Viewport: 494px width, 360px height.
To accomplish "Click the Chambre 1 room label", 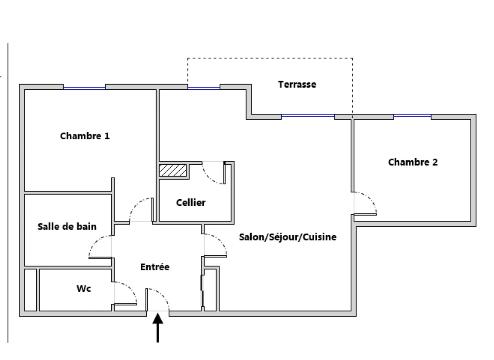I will pyautogui.click(x=85, y=136).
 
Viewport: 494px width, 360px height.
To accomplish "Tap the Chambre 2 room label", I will pyautogui.click(x=412, y=162).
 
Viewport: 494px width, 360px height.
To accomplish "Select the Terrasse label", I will pyautogui.click(x=297, y=85).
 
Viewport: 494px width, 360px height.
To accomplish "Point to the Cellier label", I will pyautogui.click(x=191, y=203).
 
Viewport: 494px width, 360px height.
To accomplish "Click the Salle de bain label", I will pyautogui.click(x=67, y=226).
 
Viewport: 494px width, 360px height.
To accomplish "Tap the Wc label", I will pyautogui.click(x=84, y=289).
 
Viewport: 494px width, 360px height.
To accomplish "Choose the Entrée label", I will pyautogui.click(x=155, y=267).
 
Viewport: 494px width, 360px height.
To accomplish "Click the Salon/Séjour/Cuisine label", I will pyautogui.click(x=288, y=237).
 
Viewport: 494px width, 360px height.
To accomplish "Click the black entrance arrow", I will pyautogui.click(x=158, y=328).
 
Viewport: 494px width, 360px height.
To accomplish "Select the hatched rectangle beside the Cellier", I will pyautogui.click(x=173, y=170).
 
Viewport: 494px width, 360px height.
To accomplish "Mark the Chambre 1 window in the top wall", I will pyautogui.click(x=84, y=88).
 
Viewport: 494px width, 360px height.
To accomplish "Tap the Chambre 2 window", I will pyautogui.click(x=412, y=116).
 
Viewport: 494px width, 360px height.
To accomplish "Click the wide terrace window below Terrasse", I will pyautogui.click(x=307, y=116).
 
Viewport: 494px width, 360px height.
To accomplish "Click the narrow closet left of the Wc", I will pyautogui.click(x=30, y=290).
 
